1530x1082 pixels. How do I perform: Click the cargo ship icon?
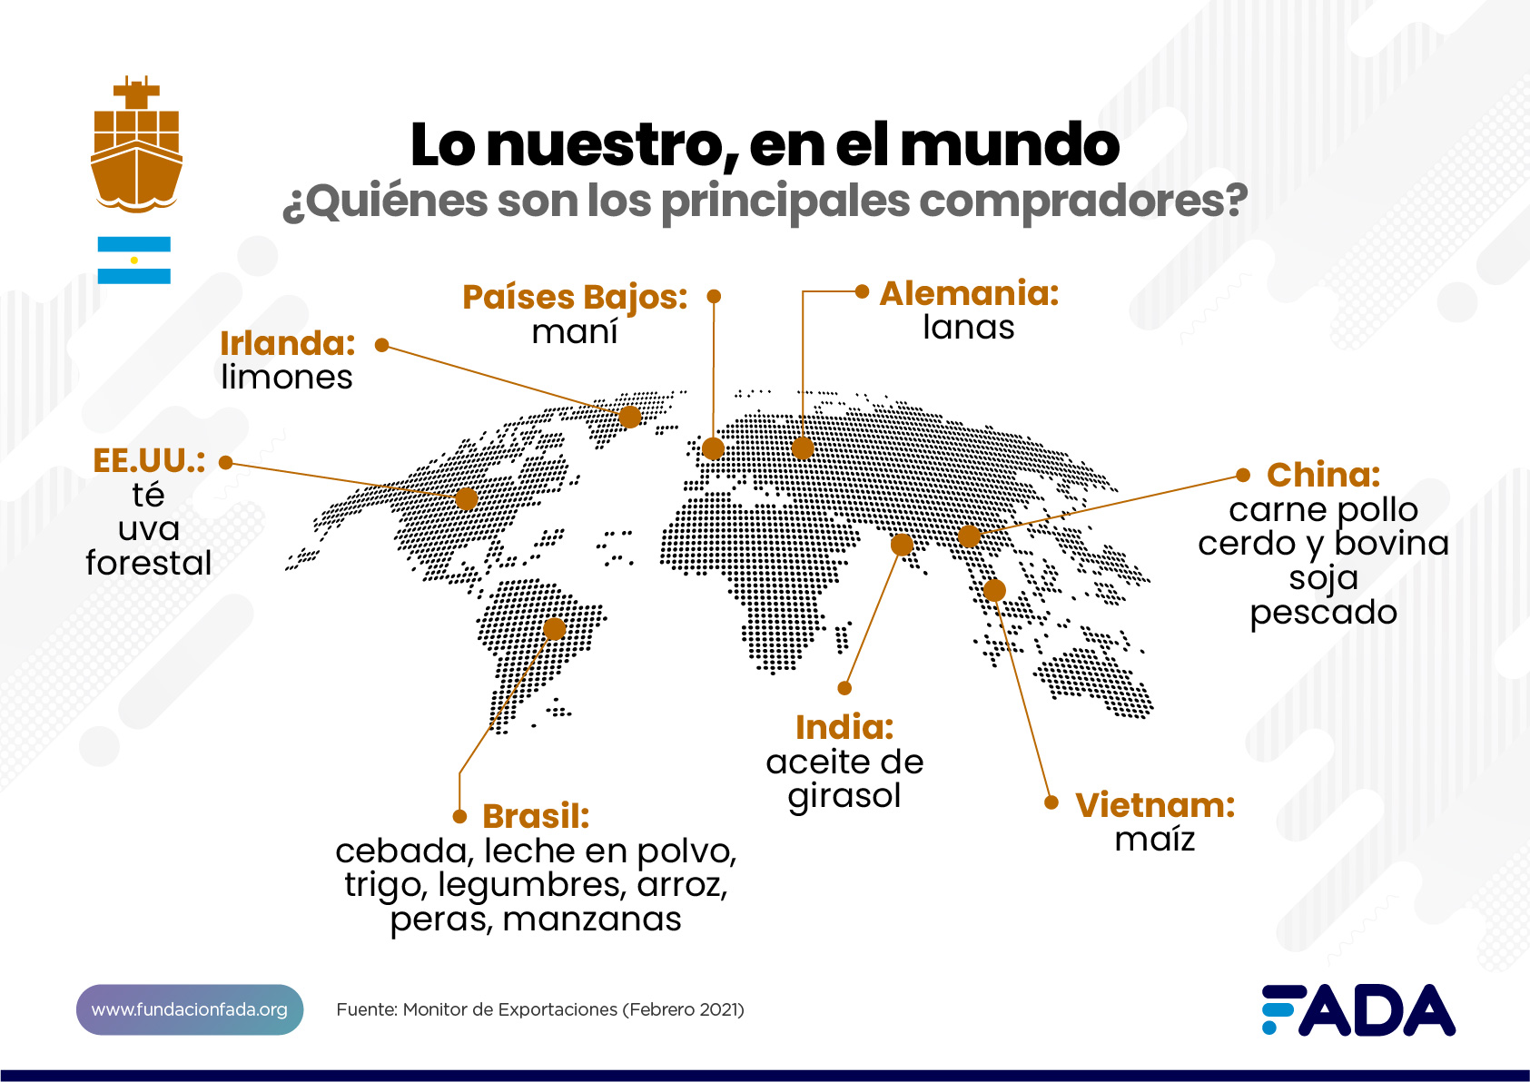coord(136,145)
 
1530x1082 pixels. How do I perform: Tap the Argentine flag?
coord(134,261)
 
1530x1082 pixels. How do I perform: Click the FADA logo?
coord(1357,1009)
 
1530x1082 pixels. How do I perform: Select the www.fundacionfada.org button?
coord(190,1009)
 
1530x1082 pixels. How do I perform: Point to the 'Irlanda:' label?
coord(288,344)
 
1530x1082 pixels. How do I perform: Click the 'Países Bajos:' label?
coord(575,298)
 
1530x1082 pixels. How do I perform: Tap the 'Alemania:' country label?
coord(969,294)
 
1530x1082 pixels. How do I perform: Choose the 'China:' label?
coord(1323,475)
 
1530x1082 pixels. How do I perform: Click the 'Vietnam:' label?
coord(1155,805)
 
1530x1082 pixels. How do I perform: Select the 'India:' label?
coord(844,727)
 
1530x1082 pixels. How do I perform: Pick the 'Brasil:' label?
coord(536,816)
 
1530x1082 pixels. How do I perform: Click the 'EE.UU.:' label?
coord(149,461)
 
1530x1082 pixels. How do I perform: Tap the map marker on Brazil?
coord(554,629)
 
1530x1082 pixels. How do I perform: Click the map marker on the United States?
coord(466,498)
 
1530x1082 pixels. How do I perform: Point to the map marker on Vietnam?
coord(994,591)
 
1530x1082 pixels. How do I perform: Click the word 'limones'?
coord(287,378)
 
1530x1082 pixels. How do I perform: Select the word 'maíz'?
coord(1155,840)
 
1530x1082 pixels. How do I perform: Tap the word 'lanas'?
coord(969,328)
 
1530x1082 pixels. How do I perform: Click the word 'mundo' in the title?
coord(1010,145)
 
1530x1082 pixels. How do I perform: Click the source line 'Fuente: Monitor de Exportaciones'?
coord(540,1009)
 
